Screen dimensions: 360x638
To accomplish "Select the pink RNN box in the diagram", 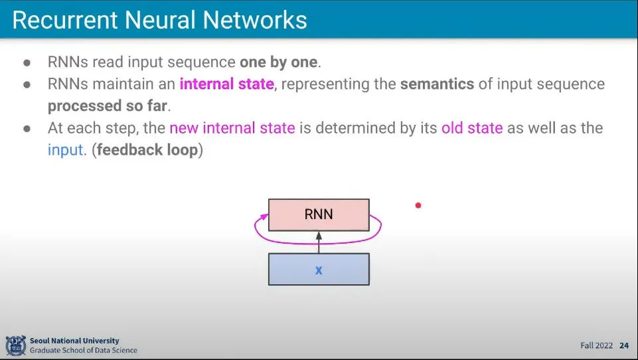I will pyautogui.click(x=318, y=215).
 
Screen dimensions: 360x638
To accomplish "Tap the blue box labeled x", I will pyautogui.click(x=318, y=270).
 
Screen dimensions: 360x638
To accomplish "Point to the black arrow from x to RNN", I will pyautogui.click(x=319, y=243).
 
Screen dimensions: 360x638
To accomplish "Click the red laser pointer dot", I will pyautogui.click(x=418, y=205).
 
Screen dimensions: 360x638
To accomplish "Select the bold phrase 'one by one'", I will pyautogui.click(x=279, y=63).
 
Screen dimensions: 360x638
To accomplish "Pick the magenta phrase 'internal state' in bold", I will pyautogui.click(x=226, y=84).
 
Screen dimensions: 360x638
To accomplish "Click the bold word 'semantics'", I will pyautogui.click(x=437, y=84).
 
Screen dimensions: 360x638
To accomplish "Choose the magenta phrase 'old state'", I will pyautogui.click(x=472, y=128).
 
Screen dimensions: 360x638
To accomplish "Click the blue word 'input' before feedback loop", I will pyautogui.click(x=66, y=149).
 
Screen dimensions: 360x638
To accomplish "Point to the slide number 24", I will pyautogui.click(x=624, y=345).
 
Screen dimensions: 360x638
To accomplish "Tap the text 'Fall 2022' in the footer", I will pyautogui.click(x=597, y=345).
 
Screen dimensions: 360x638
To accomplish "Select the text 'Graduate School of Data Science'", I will pyautogui.click(x=84, y=350).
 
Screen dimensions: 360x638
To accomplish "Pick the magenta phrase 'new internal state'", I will pyautogui.click(x=232, y=128).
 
